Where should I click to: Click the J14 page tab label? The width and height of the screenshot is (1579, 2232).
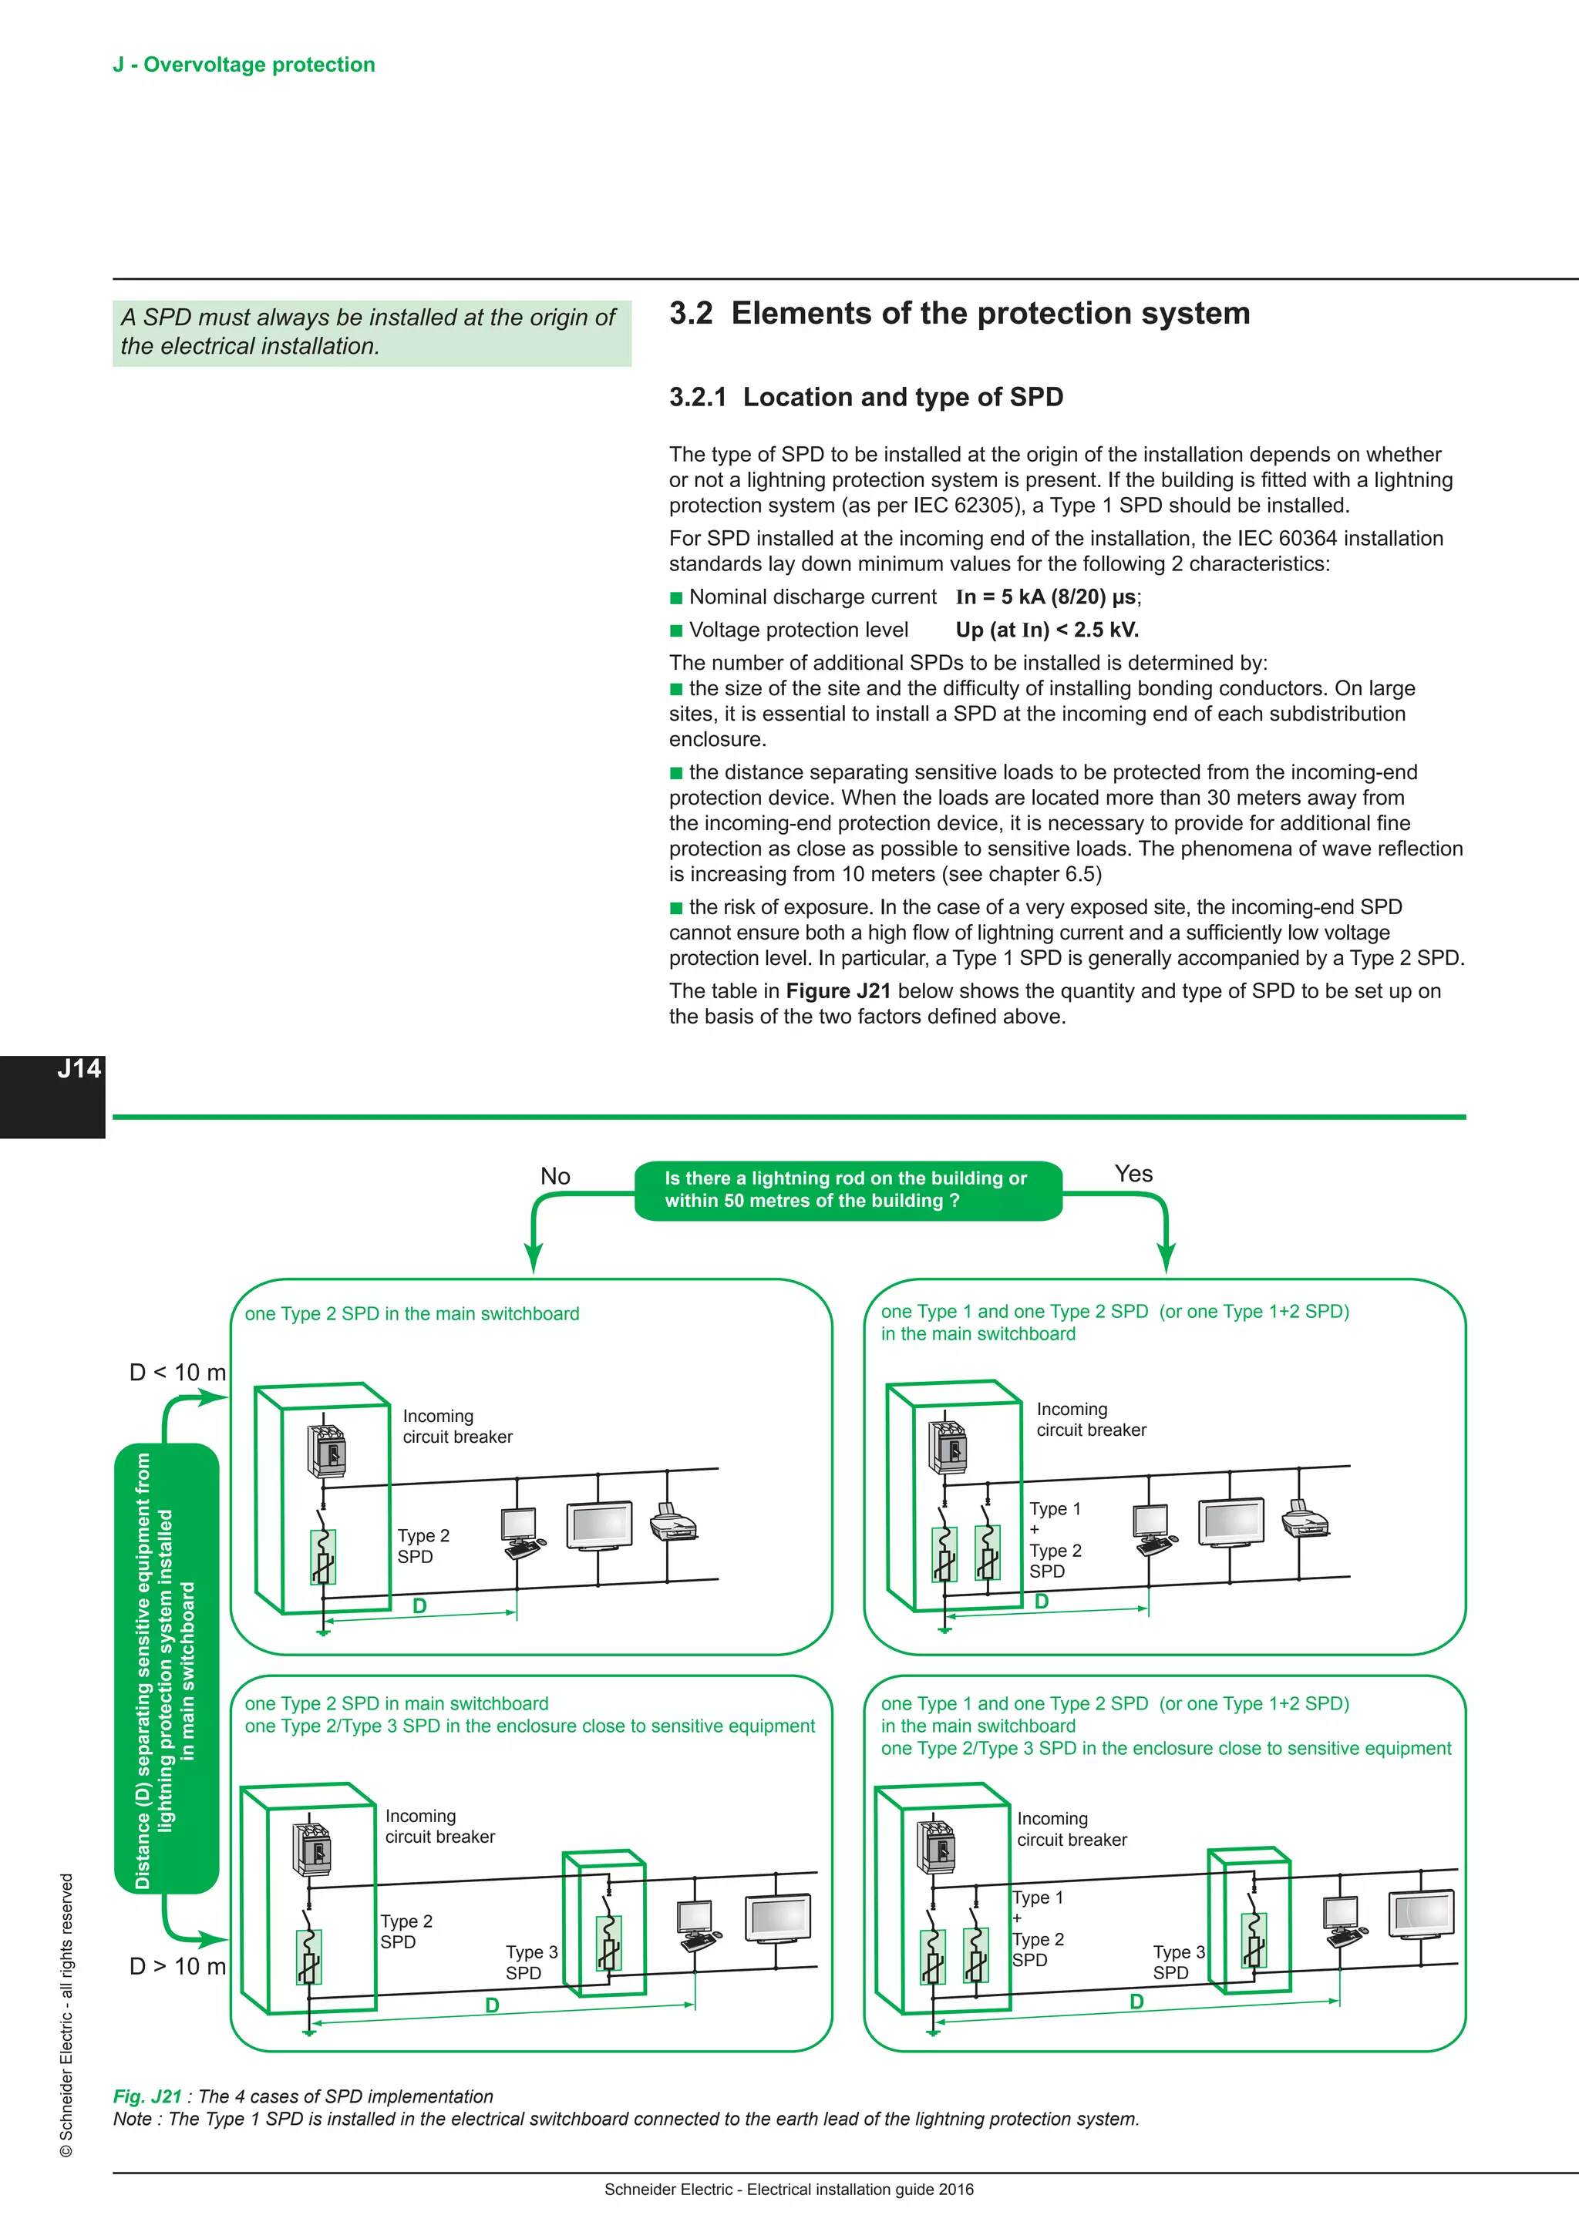[78, 1069]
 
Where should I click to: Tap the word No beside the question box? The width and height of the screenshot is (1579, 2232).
[555, 1176]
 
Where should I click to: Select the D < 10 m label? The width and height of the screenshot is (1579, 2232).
[177, 1373]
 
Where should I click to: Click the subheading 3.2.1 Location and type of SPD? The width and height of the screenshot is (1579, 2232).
[865, 397]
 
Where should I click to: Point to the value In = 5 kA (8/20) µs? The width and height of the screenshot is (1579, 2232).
[1047, 597]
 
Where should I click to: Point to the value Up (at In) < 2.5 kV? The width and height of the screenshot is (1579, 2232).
[1046, 630]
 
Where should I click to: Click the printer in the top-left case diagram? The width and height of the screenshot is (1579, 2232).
[673, 1522]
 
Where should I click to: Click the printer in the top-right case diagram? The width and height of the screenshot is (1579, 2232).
[1304, 1518]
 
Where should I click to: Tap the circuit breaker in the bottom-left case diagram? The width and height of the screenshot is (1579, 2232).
[313, 1848]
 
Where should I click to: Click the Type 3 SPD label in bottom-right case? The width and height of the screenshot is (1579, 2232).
[1178, 1961]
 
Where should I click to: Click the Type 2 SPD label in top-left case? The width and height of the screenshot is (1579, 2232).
[423, 1546]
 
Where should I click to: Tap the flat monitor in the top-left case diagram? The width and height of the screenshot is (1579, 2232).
[600, 1525]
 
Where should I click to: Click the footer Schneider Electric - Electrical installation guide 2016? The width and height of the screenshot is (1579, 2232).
[789, 2190]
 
